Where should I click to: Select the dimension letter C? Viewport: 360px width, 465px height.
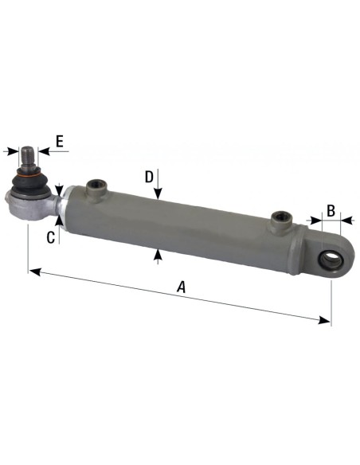pyautogui.click(x=50, y=236)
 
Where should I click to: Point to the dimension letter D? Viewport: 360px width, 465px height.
pyautogui.click(x=149, y=177)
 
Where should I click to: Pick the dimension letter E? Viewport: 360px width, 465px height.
pyautogui.click(x=59, y=143)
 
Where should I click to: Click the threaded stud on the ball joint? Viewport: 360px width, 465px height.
pyautogui.click(x=29, y=156)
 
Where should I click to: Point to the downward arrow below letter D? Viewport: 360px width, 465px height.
pyautogui.click(x=159, y=193)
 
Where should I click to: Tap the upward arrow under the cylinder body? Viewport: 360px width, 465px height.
pyautogui.click(x=159, y=254)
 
